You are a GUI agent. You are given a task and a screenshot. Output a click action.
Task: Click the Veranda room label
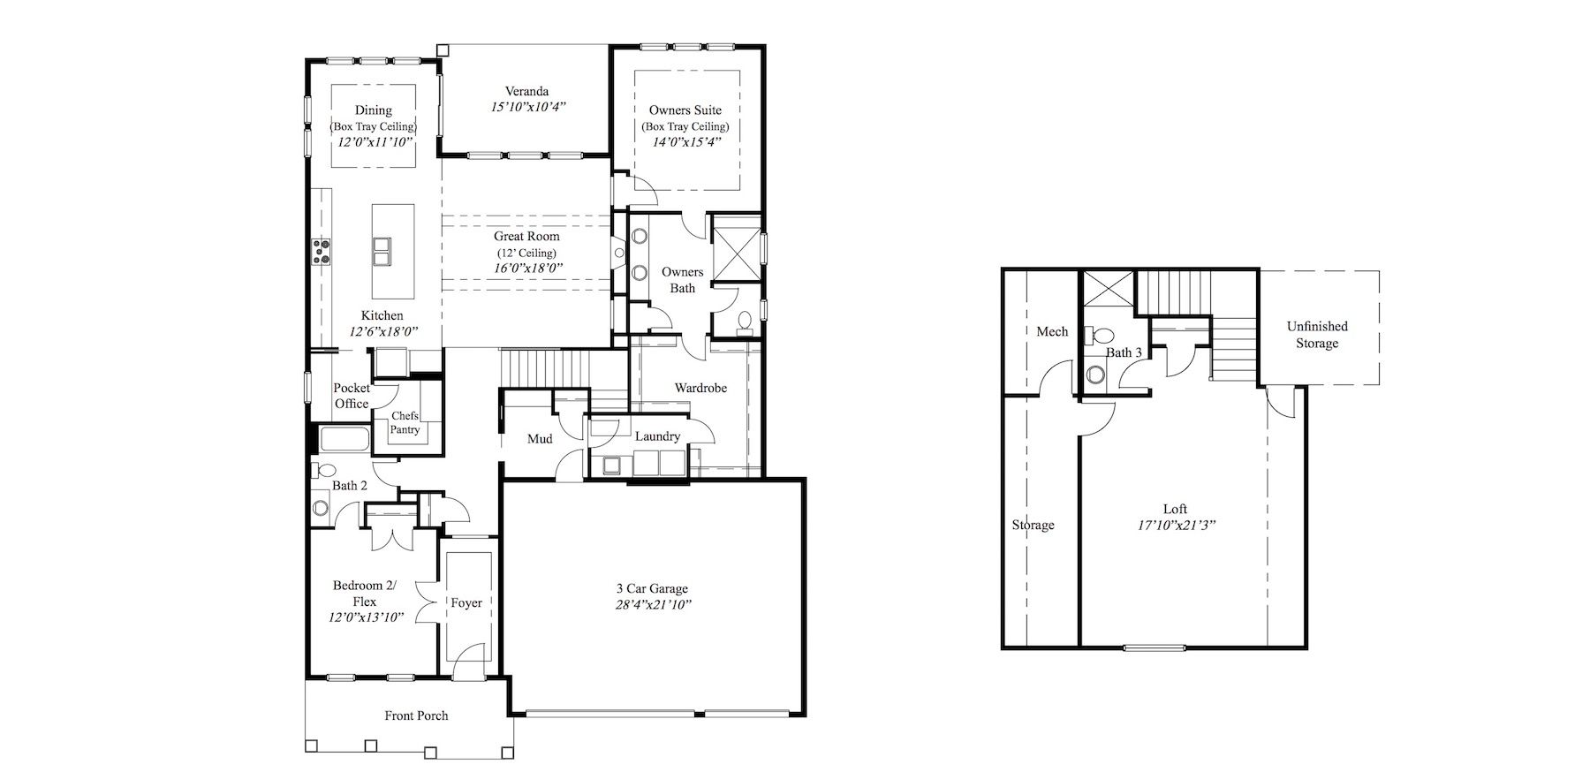pos(527,91)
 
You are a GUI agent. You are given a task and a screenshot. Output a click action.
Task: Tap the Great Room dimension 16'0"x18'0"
pos(528,268)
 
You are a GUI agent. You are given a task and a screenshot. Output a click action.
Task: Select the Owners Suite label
pos(685,110)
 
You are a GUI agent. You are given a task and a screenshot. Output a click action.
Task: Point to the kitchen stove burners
pos(319,252)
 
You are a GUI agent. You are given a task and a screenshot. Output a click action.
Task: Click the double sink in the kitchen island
pos(382,251)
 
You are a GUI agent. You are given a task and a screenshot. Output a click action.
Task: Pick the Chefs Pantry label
pos(405,422)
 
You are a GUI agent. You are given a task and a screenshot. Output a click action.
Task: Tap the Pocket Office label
pos(352,396)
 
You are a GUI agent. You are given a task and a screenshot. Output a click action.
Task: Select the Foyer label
pos(466,603)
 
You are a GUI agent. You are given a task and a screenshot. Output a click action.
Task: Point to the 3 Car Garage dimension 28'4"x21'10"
pos(653,605)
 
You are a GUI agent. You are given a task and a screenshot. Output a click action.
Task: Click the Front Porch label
pos(416,715)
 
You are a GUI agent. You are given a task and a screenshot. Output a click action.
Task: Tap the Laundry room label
pos(657,436)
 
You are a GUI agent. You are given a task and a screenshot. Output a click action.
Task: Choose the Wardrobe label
pos(700,388)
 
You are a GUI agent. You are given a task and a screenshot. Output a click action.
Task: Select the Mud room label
pos(540,439)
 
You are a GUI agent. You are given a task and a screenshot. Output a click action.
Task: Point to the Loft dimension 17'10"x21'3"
pos(1175,525)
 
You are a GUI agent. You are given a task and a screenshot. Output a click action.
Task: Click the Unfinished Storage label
pos(1317,335)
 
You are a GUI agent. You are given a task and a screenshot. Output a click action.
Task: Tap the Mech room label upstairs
pos(1052,331)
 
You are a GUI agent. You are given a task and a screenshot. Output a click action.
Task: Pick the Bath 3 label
pos(1124,352)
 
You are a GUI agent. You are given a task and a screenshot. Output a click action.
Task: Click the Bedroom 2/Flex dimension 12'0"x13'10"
pos(367,617)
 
